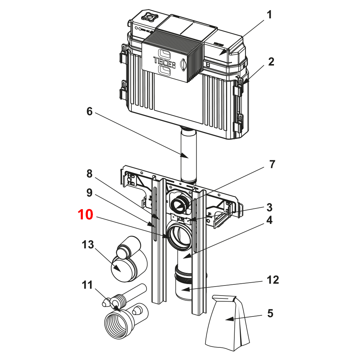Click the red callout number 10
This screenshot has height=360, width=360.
[86, 215]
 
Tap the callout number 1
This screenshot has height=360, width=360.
[269, 15]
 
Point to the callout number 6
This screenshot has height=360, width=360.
[89, 112]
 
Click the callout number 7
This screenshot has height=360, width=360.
[272, 164]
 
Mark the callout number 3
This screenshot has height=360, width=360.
[269, 207]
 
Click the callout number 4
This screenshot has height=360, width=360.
[269, 220]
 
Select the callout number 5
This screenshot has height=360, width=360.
[270, 313]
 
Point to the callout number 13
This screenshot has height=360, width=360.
[87, 245]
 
